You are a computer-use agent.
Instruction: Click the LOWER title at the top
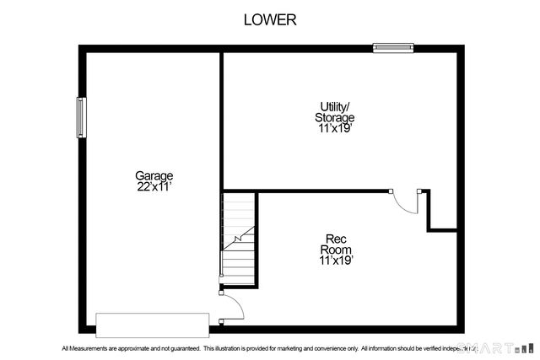coord(270,19)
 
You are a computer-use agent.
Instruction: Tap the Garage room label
coord(154,175)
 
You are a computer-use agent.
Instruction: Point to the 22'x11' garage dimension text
coord(154,186)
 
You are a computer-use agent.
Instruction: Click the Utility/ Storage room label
coord(335,112)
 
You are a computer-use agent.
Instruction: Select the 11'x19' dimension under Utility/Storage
coord(335,129)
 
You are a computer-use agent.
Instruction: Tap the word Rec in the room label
coord(335,239)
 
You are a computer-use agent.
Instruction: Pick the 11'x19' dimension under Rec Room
coord(335,261)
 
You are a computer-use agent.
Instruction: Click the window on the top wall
coord(395,48)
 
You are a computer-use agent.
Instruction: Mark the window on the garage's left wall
coord(82,117)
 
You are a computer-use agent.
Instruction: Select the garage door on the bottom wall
coord(152,324)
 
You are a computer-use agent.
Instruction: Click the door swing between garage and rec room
coord(231,307)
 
